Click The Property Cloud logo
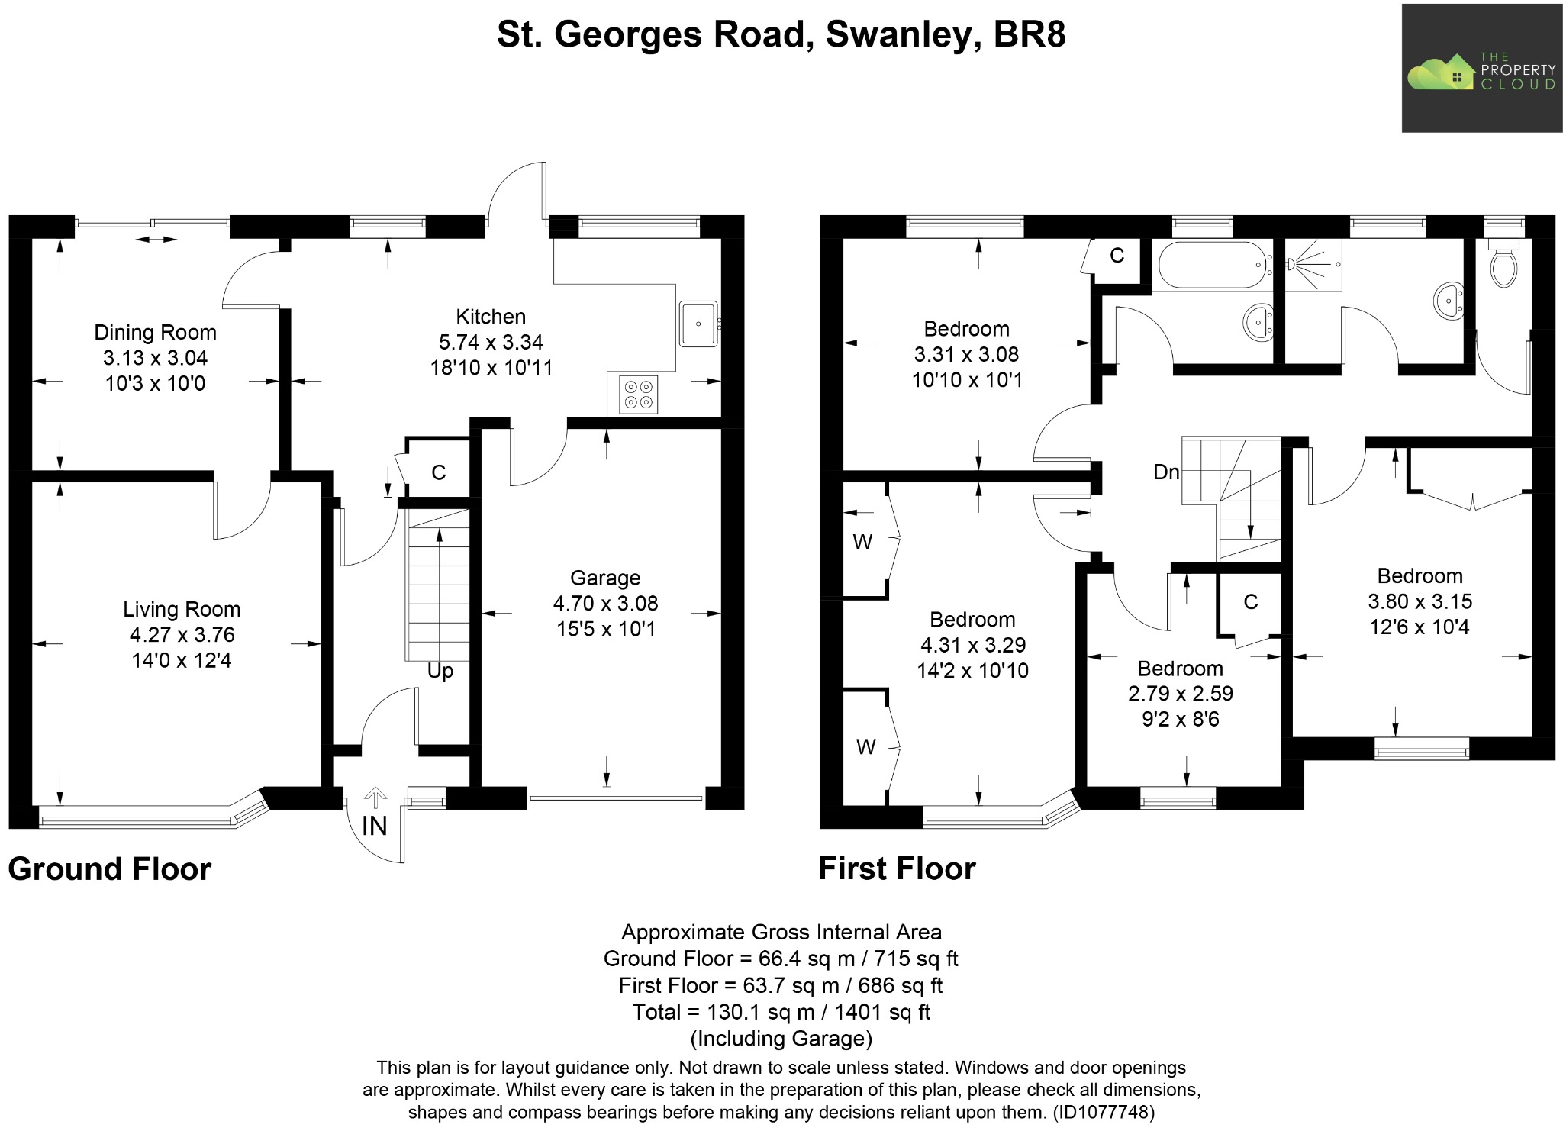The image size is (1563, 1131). click(x=1481, y=68)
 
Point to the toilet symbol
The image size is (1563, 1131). click(x=1503, y=266)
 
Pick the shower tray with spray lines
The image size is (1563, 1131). click(x=1313, y=265)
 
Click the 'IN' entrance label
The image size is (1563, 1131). click(x=374, y=826)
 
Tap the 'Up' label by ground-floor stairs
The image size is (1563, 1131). click(x=440, y=671)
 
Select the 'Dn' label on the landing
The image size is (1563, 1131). click(x=1165, y=472)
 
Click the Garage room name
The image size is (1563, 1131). click(x=605, y=578)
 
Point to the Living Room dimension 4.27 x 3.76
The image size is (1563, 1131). click(x=182, y=635)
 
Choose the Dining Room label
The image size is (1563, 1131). click(x=155, y=332)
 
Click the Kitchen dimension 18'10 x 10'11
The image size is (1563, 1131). click(x=491, y=368)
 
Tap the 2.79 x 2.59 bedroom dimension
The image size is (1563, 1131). click(x=1180, y=694)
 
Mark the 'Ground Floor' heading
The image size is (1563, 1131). click(x=109, y=869)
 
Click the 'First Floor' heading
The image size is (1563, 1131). click(x=897, y=869)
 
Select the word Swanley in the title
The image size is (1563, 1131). click(x=903, y=34)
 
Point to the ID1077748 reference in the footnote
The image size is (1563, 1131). click(x=1104, y=1112)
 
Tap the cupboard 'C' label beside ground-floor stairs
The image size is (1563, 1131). click(x=438, y=472)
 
